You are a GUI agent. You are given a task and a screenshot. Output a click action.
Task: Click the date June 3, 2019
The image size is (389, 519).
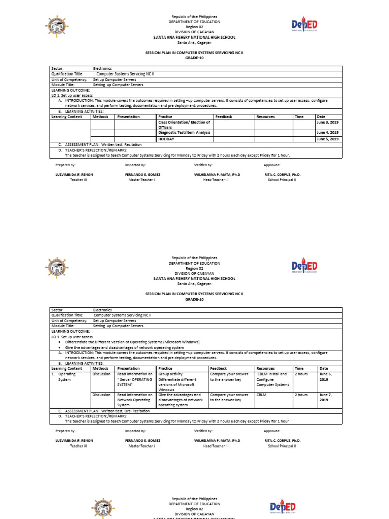(x=327, y=123)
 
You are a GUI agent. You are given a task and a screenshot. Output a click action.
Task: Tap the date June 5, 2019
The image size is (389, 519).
(x=327, y=139)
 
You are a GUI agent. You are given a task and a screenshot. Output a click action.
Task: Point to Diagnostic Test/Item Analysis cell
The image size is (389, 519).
(x=184, y=133)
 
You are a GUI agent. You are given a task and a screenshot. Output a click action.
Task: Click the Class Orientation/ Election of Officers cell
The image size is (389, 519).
(x=184, y=125)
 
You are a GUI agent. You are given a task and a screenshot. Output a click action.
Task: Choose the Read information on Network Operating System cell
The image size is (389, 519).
(x=135, y=399)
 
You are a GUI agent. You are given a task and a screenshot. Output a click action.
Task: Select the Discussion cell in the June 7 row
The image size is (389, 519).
(x=102, y=394)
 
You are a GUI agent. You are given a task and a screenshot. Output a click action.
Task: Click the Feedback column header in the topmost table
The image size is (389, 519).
(x=224, y=117)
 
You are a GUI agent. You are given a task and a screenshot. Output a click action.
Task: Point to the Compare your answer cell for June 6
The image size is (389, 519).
(x=229, y=377)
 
